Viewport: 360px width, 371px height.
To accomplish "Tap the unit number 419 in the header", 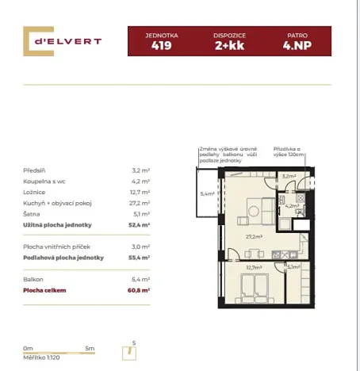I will pyautogui.click(x=161, y=46).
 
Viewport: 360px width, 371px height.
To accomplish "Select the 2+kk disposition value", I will pyautogui.click(x=229, y=46).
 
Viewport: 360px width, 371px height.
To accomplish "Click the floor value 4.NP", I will pyautogui.click(x=297, y=46).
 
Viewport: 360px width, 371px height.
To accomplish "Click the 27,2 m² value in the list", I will pyautogui.click(x=141, y=203).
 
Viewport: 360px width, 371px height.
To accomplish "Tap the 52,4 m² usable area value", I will pyautogui.click(x=141, y=225).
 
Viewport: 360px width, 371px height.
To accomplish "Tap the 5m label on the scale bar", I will pyautogui.click(x=90, y=348).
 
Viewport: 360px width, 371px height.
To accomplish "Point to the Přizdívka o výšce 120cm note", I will pyautogui.click(x=289, y=151).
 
